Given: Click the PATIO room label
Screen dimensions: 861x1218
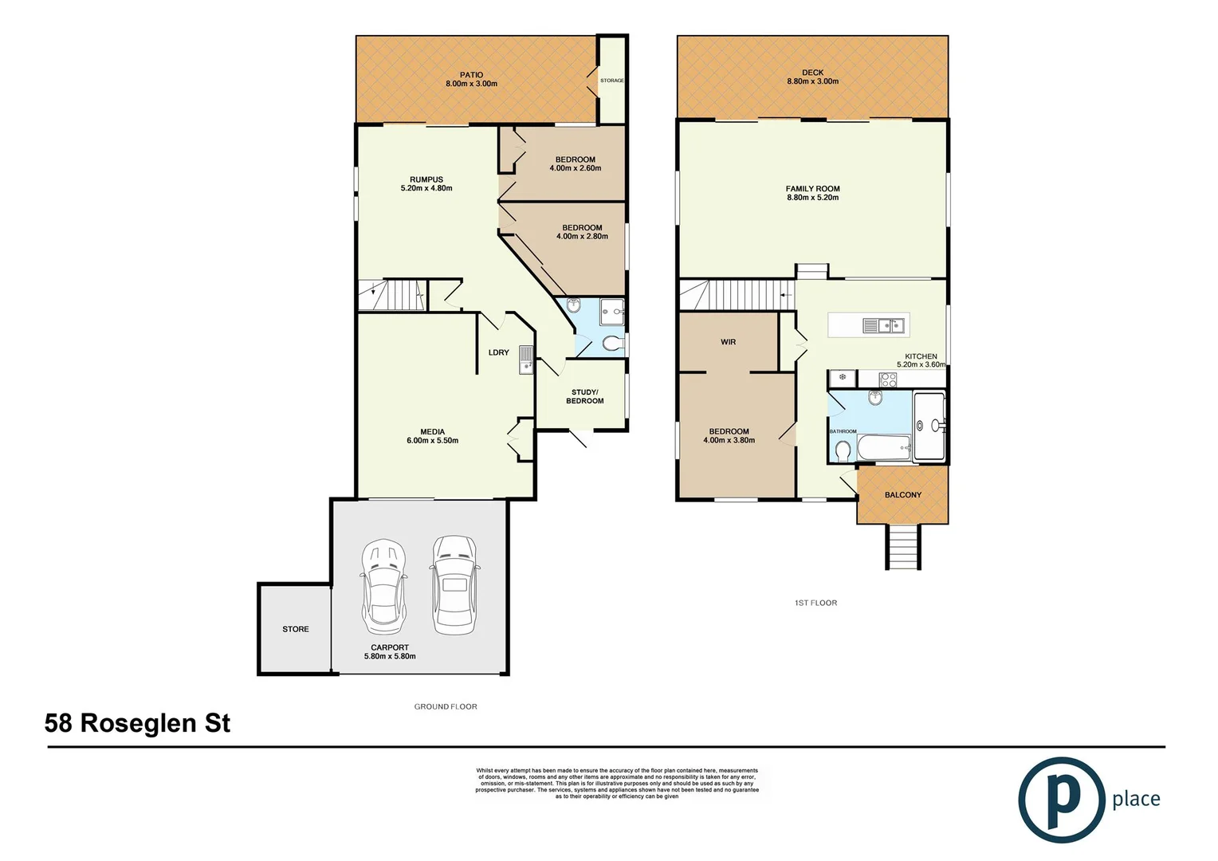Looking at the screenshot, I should point(471,75).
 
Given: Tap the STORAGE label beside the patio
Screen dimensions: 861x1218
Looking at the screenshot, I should point(611,81).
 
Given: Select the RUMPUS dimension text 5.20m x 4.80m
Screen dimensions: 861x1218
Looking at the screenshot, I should point(426,189).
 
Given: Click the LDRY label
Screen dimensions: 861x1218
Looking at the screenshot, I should point(498,352).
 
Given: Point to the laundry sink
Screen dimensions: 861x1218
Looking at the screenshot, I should point(525,360).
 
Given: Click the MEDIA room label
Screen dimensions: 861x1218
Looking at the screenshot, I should point(432,432).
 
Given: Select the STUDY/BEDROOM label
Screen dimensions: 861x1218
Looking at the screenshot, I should point(584,396).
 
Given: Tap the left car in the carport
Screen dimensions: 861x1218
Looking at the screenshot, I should point(383,586).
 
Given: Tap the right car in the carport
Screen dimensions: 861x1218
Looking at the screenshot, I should point(454,584).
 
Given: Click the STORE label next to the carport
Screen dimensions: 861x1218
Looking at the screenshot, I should point(295,629).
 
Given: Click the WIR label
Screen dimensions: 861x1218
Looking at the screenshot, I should point(728,342).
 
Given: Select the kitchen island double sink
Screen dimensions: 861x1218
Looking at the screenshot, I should point(883,325).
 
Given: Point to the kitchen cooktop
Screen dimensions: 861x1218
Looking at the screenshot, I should point(887,379).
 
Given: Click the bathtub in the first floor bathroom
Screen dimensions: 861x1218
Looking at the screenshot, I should point(883,448).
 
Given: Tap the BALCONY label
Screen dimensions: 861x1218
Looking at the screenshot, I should point(902,495).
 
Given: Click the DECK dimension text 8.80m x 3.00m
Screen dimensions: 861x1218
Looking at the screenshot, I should point(812,81).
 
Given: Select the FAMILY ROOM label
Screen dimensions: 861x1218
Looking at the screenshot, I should point(812,189).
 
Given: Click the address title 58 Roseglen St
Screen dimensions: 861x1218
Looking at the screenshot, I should point(137,723).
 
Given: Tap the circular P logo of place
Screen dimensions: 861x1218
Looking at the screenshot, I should point(1061,800).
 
